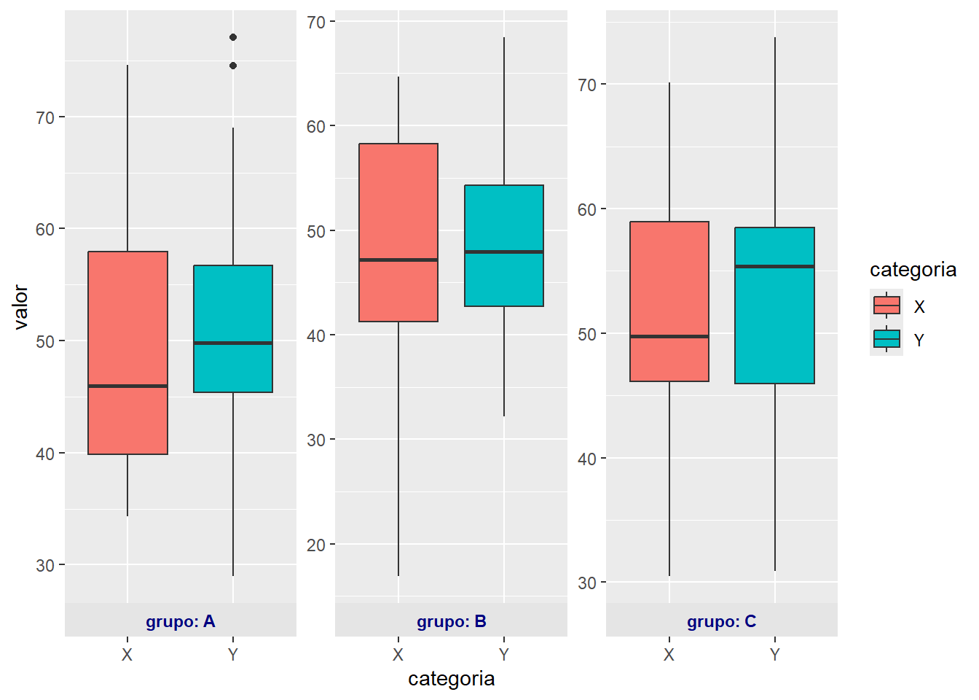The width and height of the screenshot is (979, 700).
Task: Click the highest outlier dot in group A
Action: point(233,37)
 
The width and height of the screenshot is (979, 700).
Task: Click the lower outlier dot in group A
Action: point(233,66)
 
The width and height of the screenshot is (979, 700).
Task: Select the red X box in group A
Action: point(127,321)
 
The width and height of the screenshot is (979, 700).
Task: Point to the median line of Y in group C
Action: point(774,267)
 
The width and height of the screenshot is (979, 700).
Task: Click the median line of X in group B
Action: point(398,260)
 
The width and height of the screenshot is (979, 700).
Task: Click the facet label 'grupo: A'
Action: point(181,621)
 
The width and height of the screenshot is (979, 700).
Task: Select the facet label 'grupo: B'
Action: point(452,621)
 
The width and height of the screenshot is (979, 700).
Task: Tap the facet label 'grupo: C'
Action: point(722,621)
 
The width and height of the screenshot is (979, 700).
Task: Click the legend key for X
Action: point(886,306)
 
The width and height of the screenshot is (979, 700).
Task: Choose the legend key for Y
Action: point(886,339)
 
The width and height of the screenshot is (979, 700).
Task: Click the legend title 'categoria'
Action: point(913,270)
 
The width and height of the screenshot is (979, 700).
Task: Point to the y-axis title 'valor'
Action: point(20,307)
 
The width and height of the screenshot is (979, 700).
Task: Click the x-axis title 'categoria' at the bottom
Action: point(452,679)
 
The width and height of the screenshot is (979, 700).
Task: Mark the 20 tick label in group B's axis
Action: point(316,545)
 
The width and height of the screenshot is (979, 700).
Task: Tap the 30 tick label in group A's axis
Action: point(45,566)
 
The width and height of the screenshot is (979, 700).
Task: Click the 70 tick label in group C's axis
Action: point(586,85)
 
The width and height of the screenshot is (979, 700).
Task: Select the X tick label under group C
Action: point(669,655)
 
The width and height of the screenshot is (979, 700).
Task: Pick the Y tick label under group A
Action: point(233,655)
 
